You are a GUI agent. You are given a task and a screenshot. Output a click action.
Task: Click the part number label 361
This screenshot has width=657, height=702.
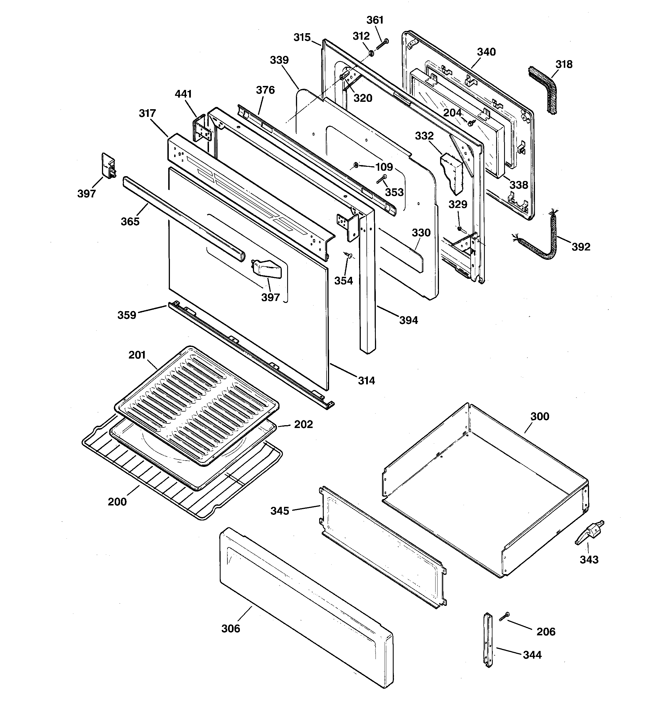[375, 20]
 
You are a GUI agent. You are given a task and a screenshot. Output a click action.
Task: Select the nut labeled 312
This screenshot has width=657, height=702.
[371, 53]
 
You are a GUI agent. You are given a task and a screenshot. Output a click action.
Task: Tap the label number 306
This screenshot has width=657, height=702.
[231, 629]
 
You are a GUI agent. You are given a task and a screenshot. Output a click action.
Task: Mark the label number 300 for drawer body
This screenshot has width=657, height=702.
[539, 416]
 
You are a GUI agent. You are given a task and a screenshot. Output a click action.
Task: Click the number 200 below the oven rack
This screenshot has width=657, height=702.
[117, 501]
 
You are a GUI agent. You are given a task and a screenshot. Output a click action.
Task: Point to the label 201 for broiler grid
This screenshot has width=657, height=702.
[137, 355]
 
